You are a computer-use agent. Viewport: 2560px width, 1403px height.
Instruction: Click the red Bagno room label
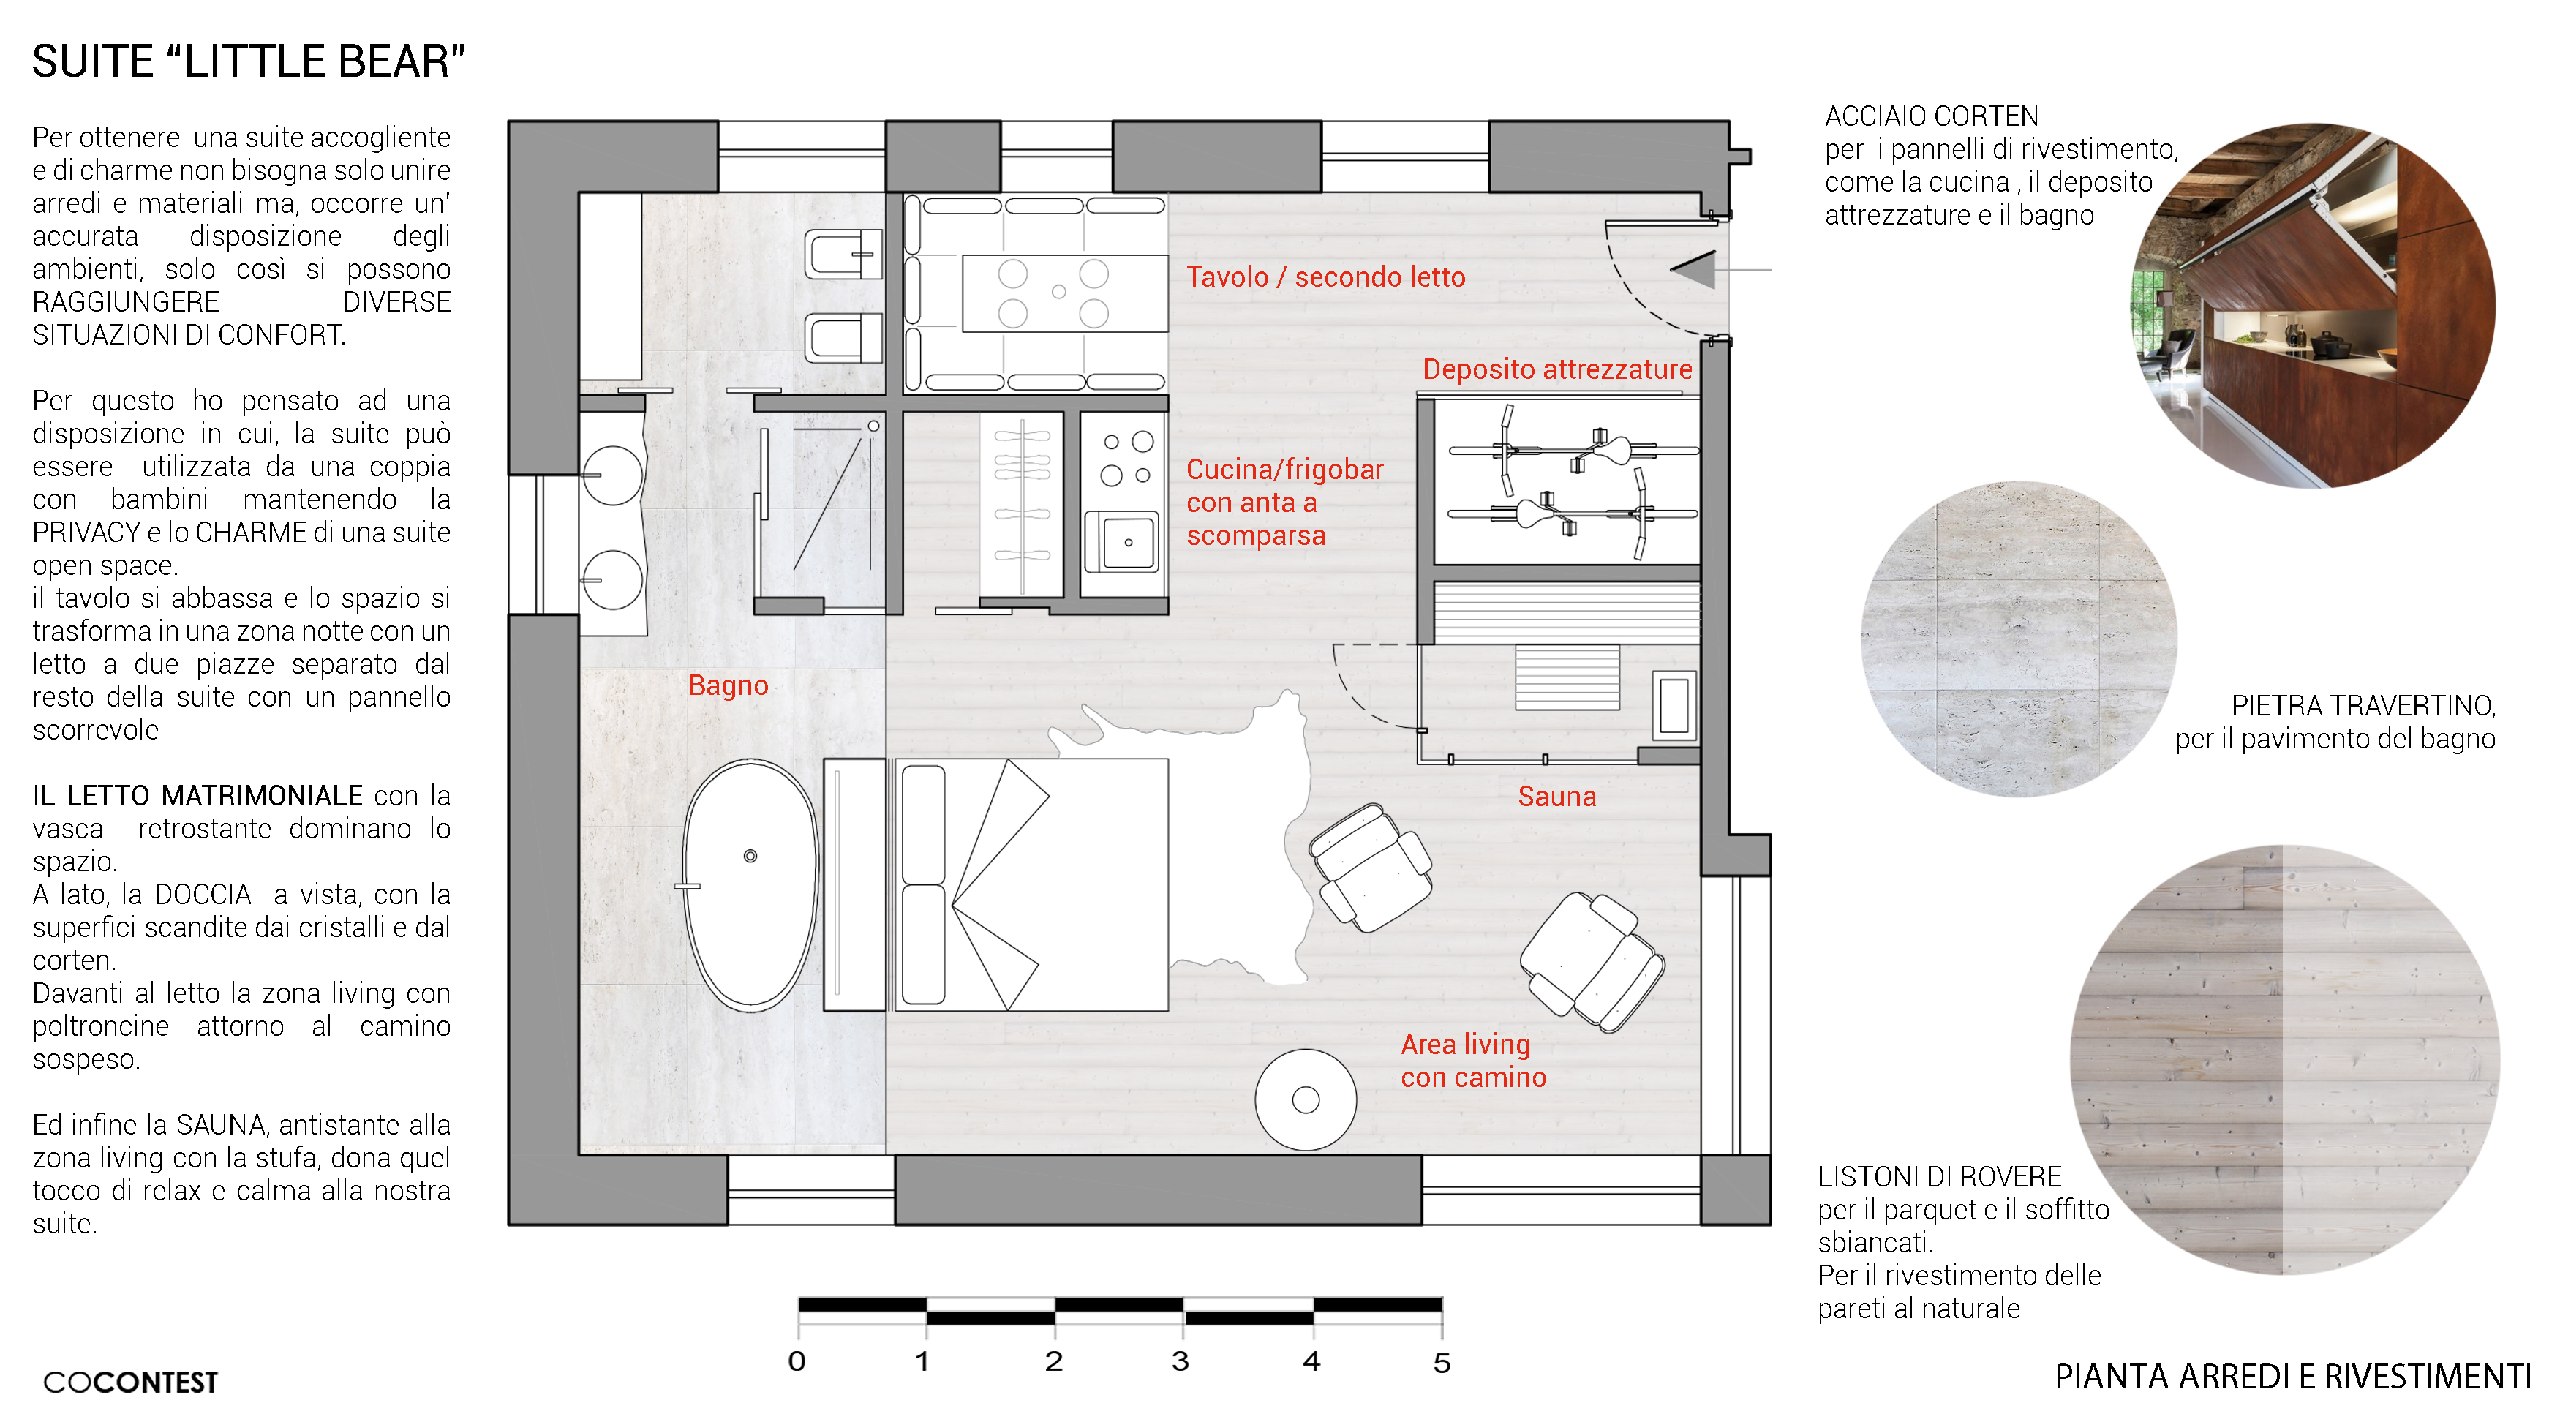click(728, 685)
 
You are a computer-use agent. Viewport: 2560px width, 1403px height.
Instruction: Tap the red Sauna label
click(1556, 796)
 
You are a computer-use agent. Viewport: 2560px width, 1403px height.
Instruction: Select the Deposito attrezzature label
click(1556, 369)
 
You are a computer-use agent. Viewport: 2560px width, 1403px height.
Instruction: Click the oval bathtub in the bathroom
click(750, 885)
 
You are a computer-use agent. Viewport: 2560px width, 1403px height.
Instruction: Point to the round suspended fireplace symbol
click(1305, 1100)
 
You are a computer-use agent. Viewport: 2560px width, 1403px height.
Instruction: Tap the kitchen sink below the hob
click(1122, 541)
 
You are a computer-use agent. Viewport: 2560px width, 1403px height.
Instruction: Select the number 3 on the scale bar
click(1180, 1361)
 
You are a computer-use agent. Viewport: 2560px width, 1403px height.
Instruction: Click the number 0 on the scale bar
click(796, 1361)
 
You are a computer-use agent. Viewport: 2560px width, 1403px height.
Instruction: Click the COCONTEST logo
click(130, 1381)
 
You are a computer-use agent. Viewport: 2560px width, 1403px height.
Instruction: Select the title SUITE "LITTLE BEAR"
click(249, 61)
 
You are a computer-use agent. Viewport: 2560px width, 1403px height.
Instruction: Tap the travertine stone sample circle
click(2019, 638)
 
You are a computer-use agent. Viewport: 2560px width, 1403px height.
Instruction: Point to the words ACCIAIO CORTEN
click(1931, 116)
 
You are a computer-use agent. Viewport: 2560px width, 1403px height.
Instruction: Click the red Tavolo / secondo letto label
click(1325, 277)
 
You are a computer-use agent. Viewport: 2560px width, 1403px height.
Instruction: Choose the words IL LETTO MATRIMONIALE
click(197, 795)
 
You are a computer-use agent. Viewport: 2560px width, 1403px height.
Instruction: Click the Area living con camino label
click(1473, 1060)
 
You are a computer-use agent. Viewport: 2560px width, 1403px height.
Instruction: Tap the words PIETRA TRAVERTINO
click(2363, 705)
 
